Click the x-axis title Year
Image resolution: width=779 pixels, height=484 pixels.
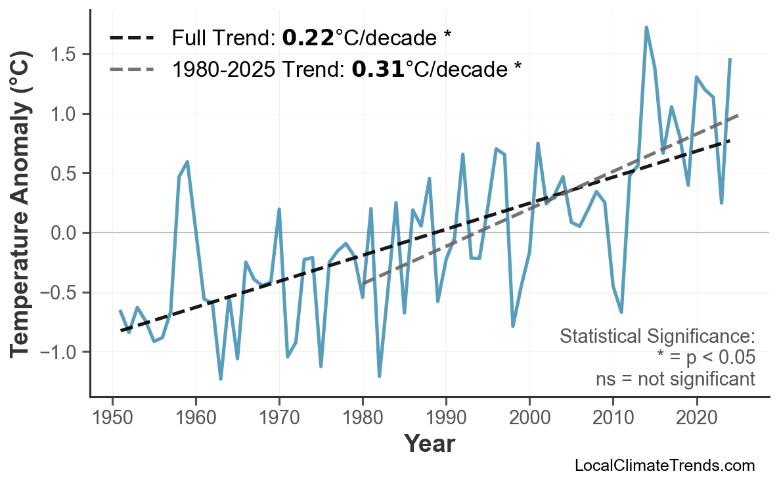coord(429,445)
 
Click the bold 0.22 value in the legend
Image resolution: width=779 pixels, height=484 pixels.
coord(307,38)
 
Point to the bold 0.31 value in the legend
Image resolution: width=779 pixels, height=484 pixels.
coord(378,69)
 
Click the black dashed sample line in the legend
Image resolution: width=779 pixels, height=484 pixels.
coord(131,38)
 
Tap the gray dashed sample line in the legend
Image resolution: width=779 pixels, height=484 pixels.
coord(131,69)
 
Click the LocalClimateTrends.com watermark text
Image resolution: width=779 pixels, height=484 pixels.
coord(664,466)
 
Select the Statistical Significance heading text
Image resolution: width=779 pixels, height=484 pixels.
coord(657,337)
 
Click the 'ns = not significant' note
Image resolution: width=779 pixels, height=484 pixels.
coord(675,379)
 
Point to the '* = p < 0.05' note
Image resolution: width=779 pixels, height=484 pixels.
coord(705,358)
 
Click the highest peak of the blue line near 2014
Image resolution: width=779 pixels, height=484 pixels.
coord(646,28)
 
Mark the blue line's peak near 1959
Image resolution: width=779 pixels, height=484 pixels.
coord(187,162)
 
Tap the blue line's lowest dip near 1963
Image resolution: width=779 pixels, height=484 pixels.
coord(221,379)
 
